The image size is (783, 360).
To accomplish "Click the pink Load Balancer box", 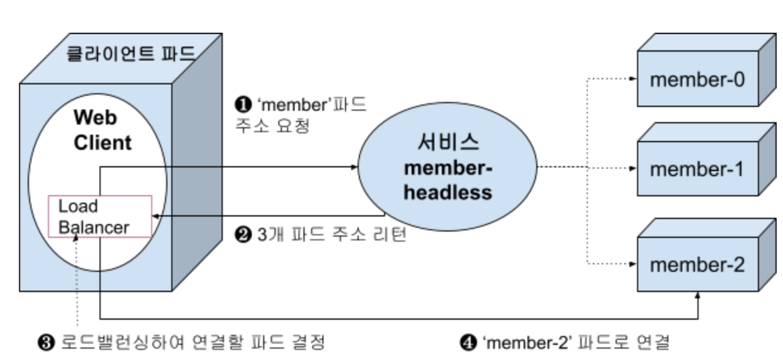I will (x=100, y=216).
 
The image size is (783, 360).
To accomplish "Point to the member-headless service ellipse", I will (x=447, y=167).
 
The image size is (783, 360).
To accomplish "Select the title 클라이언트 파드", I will (x=131, y=54).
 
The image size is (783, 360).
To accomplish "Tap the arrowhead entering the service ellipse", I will (x=354, y=167).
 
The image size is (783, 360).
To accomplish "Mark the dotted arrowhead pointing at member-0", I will (x=633, y=79).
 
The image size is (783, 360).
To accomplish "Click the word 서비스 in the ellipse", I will (x=448, y=143).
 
